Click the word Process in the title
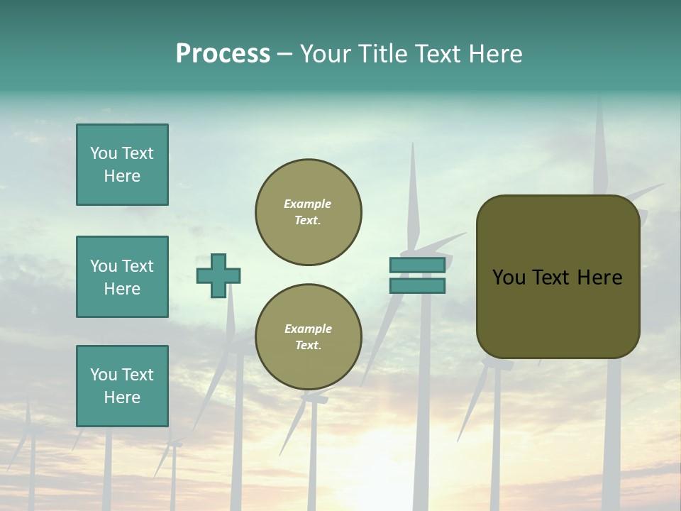point(223,54)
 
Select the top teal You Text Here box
point(122,165)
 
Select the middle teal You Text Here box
point(122,277)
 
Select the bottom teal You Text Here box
point(122,385)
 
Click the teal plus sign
point(218,275)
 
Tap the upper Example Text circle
point(309,212)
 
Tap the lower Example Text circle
point(309,337)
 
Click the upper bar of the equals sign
point(417,265)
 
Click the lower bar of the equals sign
point(417,285)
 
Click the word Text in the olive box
point(555,278)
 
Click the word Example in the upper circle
point(307,204)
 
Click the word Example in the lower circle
point(308,329)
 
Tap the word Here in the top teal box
point(122,176)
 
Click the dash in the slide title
point(285,54)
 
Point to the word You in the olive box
point(509,278)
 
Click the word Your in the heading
point(328,54)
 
